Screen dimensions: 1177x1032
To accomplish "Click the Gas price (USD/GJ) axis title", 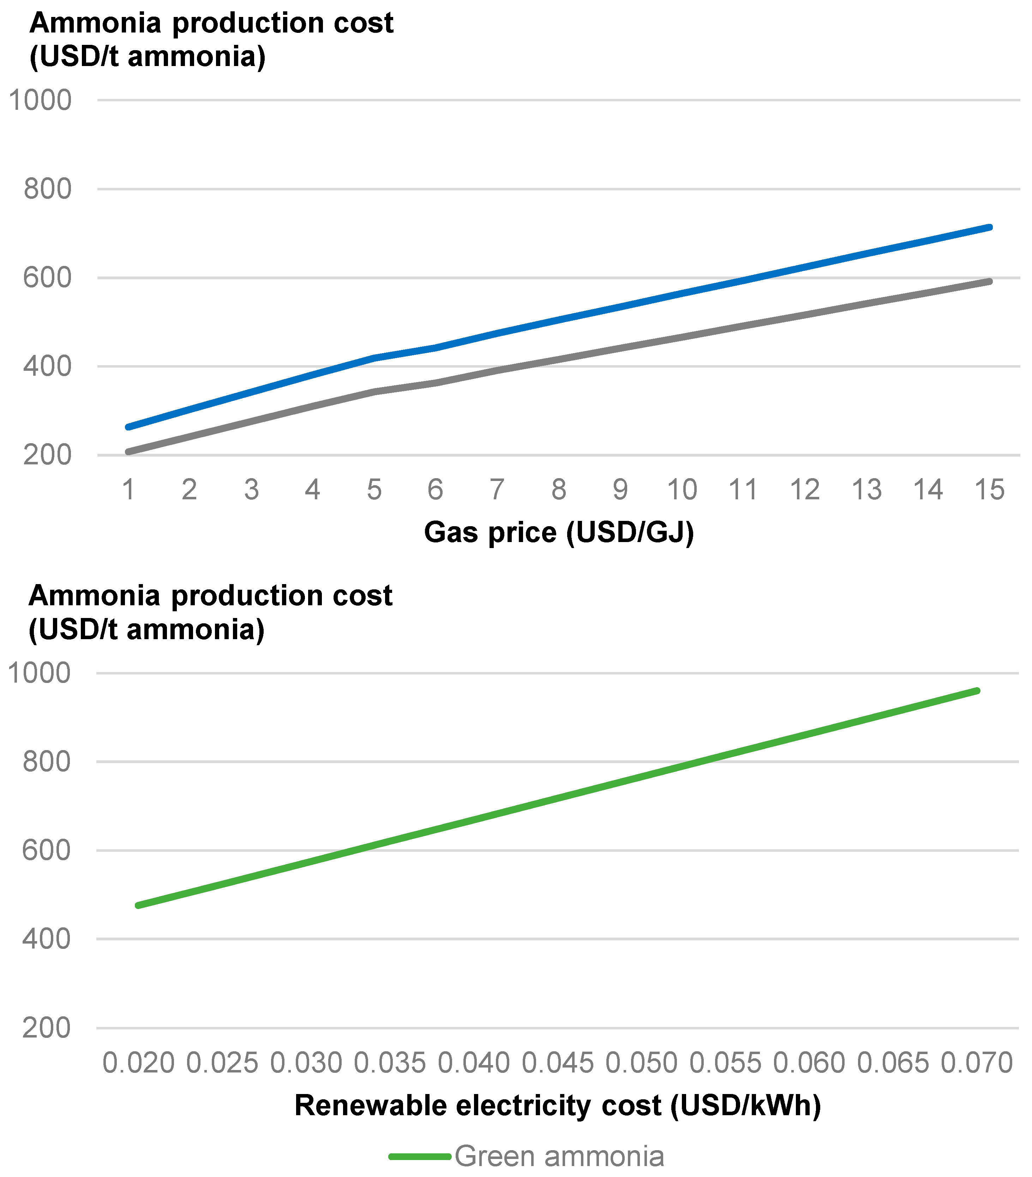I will point(558,533).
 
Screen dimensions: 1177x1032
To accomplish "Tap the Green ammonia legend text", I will point(559,1156).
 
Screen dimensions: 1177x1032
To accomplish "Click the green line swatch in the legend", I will point(419,1156).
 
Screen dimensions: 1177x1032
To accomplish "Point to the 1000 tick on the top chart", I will point(40,100).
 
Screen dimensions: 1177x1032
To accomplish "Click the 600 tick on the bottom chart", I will point(46,850).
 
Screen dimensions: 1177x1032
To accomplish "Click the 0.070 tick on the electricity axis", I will point(976,1063).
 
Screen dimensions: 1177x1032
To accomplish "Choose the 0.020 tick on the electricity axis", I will point(138,1063).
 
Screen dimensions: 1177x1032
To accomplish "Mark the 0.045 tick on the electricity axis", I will point(557,1063).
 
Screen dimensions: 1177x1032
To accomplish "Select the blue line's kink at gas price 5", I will point(374,358).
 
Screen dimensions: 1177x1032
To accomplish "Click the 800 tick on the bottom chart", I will point(46,762).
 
